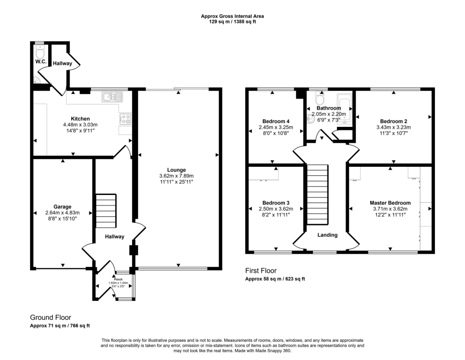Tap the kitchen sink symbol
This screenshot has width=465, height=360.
click(112, 97)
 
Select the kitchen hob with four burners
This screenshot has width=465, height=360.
click(125, 119)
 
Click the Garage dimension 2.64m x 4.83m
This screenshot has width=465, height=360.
click(62, 213)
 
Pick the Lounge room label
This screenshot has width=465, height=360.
click(177, 170)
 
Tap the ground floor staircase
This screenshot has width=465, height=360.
click(106, 211)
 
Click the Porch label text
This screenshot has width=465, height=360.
click(119, 279)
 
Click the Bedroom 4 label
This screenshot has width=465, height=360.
click(276, 121)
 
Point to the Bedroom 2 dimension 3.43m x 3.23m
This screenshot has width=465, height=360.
click(394, 127)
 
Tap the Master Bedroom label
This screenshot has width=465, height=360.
click(390, 203)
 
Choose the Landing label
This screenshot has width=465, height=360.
click(327, 235)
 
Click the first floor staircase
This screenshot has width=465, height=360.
click(317, 195)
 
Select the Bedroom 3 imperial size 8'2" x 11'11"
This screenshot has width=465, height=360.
click(276, 215)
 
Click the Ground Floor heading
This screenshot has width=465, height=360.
click(51, 318)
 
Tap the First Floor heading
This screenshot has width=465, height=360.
click(261, 270)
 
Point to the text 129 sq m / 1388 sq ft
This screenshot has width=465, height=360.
click(232, 22)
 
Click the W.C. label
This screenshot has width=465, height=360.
click(41, 61)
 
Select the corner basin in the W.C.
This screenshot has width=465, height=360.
click(37, 80)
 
